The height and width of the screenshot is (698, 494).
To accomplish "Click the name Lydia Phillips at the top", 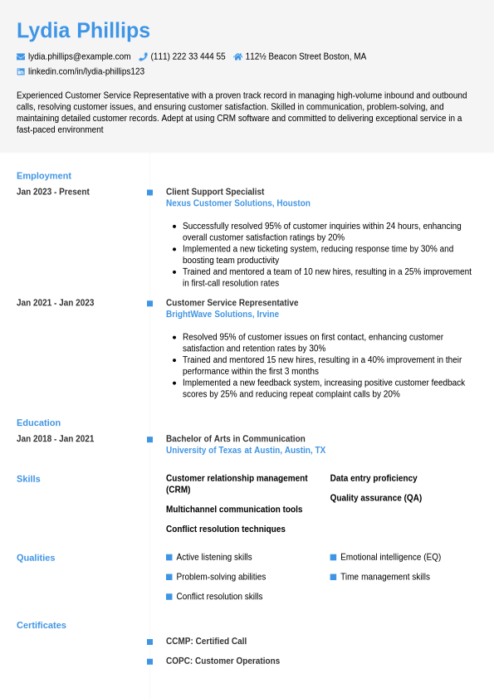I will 83,31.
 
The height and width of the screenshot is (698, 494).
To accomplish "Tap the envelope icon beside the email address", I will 21,56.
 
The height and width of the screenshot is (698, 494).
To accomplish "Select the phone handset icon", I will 143,56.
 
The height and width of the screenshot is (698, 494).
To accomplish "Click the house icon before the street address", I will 238,56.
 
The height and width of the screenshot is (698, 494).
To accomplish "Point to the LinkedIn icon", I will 21,71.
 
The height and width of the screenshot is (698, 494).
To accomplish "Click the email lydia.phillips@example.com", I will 79,56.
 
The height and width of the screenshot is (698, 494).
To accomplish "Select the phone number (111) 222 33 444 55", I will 188,56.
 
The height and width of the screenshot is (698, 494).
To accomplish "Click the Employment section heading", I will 44,176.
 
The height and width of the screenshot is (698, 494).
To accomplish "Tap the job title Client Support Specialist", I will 215,192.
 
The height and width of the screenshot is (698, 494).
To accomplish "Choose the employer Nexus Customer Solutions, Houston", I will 238,203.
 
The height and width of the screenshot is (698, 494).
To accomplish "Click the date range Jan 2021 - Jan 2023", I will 56,303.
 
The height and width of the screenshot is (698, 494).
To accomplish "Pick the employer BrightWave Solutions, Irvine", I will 223,315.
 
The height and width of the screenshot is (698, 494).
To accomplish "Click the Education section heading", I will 38,422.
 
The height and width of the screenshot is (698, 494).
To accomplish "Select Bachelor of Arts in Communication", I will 236,439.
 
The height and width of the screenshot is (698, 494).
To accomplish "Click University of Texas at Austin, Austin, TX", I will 246,451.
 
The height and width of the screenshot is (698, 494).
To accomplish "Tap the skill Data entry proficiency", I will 374,478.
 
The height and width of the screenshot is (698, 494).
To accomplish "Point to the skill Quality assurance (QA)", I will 376,498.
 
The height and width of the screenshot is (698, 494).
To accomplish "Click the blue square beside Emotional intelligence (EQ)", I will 333,557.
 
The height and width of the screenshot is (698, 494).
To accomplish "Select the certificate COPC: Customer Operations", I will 223,661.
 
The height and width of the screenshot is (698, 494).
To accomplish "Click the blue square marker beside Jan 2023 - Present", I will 149,193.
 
